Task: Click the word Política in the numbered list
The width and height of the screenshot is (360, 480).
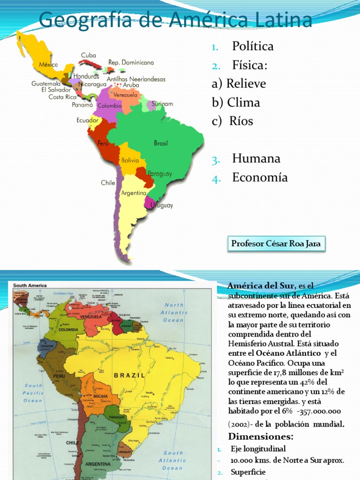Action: tap(253, 46)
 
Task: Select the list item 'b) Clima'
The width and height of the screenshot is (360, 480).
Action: tap(236, 102)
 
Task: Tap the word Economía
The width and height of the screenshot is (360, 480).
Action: tap(260, 177)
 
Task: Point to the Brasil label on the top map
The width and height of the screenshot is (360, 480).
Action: tap(161, 143)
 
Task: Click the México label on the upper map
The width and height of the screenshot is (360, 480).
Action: tap(48, 65)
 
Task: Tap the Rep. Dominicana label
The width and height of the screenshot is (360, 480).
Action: tap(131, 62)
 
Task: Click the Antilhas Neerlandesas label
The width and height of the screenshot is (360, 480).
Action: tap(136, 79)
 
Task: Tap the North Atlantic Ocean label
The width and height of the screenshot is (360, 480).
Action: tap(173, 313)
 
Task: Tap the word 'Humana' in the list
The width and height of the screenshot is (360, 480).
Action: tap(256, 158)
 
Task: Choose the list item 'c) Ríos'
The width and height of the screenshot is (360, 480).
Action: tap(232, 121)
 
